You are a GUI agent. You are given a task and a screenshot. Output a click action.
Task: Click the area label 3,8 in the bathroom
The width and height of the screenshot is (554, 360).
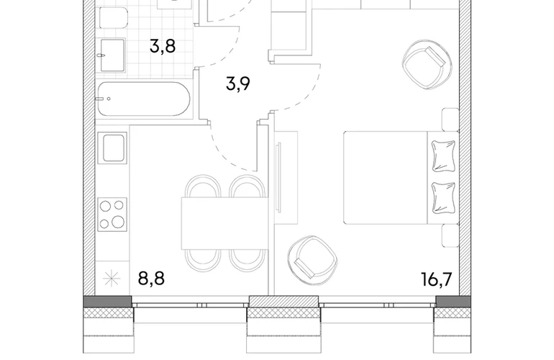coord(163,46)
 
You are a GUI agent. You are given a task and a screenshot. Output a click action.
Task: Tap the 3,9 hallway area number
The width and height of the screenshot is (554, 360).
coord(238,84)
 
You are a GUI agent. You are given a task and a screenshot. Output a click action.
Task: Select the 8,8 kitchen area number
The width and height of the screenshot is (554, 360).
coord(151,278)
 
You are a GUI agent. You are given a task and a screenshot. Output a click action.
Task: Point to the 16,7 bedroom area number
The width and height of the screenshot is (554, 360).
coord(437,279)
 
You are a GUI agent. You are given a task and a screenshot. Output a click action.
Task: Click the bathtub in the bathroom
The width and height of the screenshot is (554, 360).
coord(144,99)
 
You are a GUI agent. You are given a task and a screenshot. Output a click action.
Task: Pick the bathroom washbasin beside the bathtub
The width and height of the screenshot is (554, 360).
coord(113,55)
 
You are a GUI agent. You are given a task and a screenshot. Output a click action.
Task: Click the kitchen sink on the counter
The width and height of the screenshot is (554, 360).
coord(112,148)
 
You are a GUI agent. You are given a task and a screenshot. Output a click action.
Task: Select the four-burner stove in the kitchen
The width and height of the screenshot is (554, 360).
coord(112,215)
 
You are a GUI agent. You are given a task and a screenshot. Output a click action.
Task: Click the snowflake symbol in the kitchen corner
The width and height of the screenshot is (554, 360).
coord(112,279)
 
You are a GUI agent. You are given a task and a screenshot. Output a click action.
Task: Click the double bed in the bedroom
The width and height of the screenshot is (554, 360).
coord(401,178)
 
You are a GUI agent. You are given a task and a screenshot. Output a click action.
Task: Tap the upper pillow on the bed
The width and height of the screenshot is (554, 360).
coord(443,156)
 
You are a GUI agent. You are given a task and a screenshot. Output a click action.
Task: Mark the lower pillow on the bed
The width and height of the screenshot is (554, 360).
coord(443,198)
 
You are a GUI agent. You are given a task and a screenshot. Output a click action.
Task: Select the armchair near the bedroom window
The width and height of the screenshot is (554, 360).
coord(312,260)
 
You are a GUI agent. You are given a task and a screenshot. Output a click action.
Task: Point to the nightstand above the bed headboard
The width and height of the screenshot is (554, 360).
coord(450,120)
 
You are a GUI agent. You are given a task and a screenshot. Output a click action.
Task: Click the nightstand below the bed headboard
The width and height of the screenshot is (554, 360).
coord(450,235)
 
